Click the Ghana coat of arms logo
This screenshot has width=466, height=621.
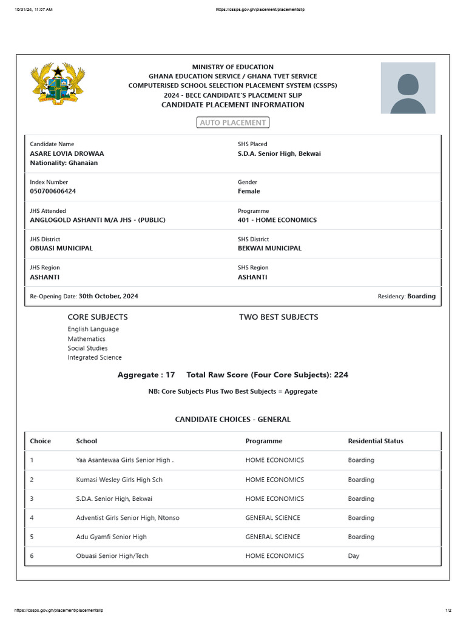tap(57, 86)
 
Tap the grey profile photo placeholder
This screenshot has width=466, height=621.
tap(408, 88)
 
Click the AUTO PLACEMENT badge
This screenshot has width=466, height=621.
tap(233, 123)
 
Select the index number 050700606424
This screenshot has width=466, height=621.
tap(53, 191)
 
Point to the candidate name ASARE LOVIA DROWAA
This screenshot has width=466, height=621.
tap(67, 153)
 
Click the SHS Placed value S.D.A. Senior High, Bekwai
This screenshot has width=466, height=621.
tap(279, 153)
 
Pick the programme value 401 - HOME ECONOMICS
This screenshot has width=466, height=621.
tap(277, 220)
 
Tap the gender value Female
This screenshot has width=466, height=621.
tap(249, 191)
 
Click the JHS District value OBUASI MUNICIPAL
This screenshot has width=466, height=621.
tap(61, 248)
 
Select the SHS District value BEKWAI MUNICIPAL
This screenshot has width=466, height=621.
tap(269, 248)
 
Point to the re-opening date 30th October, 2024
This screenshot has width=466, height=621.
tap(108, 296)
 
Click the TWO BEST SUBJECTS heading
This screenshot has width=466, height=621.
tap(279, 317)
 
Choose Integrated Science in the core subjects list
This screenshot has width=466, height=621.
tap(95, 357)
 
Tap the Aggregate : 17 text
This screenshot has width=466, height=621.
tap(146, 375)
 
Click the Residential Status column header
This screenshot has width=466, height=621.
tap(375, 441)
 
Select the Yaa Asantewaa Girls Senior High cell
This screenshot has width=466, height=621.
tap(124, 460)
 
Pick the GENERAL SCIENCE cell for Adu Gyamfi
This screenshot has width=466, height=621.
tap(272, 537)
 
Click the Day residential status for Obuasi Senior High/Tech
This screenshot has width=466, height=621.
tap(354, 556)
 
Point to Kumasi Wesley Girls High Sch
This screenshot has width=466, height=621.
tap(119, 480)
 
